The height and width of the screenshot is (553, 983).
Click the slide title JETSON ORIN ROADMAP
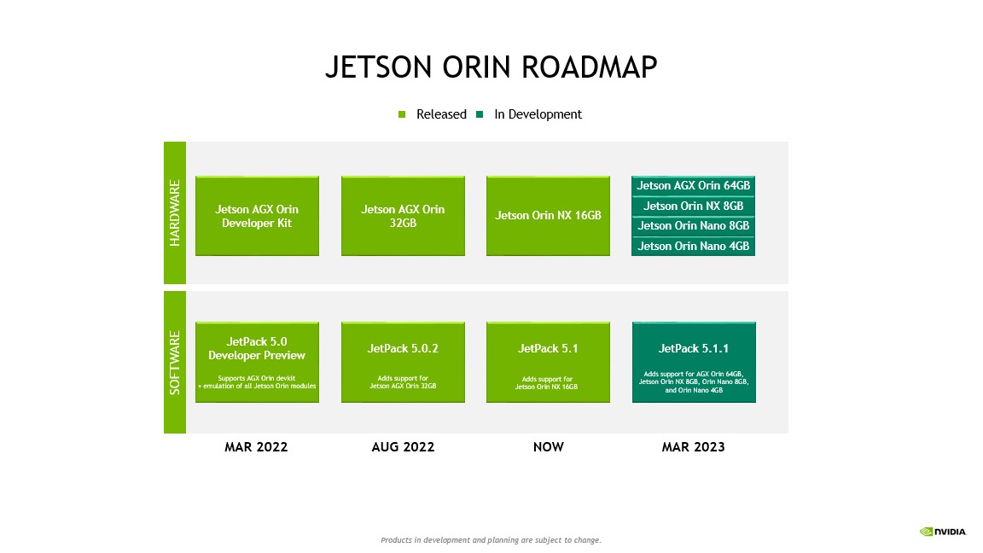click(491, 67)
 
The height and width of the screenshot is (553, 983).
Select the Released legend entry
click(433, 114)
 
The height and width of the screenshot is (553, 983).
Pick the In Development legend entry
click(530, 114)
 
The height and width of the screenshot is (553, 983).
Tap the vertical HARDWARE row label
click(175, 212)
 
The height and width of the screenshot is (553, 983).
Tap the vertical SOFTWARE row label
click(175, 363)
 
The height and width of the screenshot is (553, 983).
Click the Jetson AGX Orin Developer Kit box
click(257, 216)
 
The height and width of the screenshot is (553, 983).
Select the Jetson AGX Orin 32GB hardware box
click(403, 216)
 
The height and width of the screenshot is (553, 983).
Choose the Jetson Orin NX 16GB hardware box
click(548, 216)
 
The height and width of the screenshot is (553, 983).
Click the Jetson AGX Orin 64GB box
click(693, 186)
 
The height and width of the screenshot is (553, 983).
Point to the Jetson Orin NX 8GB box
click(693, 207)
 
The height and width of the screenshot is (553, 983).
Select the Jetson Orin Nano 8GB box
click(693, 226)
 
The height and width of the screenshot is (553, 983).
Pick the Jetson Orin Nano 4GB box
click(693, 247)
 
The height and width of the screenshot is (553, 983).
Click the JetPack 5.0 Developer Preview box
click(257, 363)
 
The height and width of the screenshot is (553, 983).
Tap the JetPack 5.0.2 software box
click(403, 363)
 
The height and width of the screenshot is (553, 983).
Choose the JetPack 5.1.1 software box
click(693, 363)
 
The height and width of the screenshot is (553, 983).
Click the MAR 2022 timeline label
click(256, 447)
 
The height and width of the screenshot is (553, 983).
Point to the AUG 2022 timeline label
click(403, 447)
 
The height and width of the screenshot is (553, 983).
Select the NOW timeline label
click(548, 447)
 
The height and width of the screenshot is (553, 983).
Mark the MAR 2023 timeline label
click(693, 447)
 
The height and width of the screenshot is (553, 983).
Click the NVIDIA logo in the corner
click(943, 532)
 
